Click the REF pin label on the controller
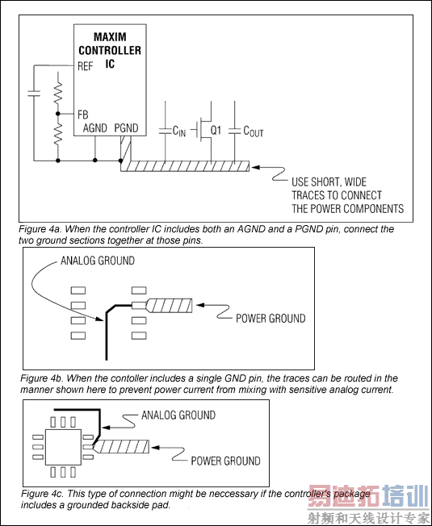tap(85, 66)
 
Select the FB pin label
tap(82, 115)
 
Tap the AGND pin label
tap(95, 127)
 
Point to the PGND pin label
tap(126, 127)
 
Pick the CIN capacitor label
tap(179, 131)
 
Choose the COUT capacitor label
tap(253, 131)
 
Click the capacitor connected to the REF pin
tap(34, 94)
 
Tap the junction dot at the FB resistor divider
tap(57, 114)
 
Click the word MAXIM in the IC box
tap(110, 36)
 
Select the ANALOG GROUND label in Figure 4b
tap(98, 261)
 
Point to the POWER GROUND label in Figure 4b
tap(271, 319)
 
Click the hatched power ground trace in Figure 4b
tap(170, 305)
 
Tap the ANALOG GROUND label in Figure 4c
tap(178, 415)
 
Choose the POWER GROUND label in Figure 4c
tap(225, 461)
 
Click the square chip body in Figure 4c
tap(63, 447)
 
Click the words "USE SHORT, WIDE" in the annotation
tap(329, 182)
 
